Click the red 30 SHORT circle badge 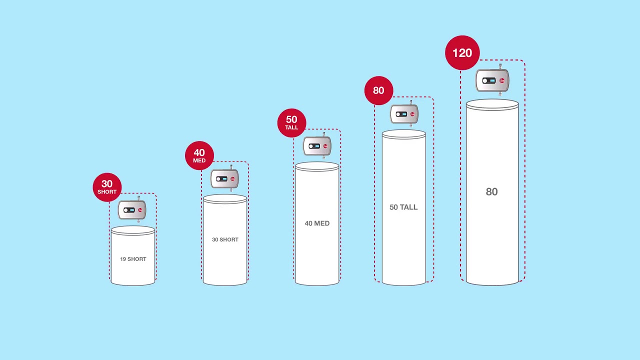coord(107,187)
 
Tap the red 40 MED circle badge coord(199,155)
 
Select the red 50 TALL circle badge coord(291,123)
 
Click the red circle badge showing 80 coord(378,90)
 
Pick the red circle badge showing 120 coord(462,53)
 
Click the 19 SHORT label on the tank coord(133,259)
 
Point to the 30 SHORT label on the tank coord(225,239)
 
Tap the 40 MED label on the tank coord(317,223)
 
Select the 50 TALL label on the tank coord(403,207)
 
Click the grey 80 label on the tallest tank coord(492,191)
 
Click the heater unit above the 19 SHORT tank coord(132,210)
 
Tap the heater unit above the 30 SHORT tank coord(224,178)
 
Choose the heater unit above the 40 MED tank coord(317,146)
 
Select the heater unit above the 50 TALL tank coord(404,114)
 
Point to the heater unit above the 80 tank coord(492,80)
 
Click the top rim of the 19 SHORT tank coord(133,230)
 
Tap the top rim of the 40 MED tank coord(317,166)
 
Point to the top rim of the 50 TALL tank coord(404,134)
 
